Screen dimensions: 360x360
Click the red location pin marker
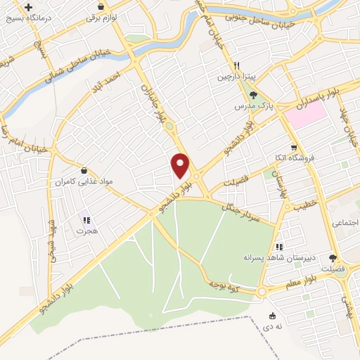pyautogui.click(x=181, y=165)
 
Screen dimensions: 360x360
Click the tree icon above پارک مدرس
pyautogui.click(x=255, y=96)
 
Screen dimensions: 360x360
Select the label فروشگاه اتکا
pyautogui.click(x=295, y=157)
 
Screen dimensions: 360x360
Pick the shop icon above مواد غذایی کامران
pyautogui.click(x=84, y=171)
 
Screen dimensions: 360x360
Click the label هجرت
pyautogui.click(x=85, y=229)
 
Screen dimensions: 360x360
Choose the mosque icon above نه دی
pyautogui.click(x=273, y=315)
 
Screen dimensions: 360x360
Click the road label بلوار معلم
pyautogui.click(x=301, y=284)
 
